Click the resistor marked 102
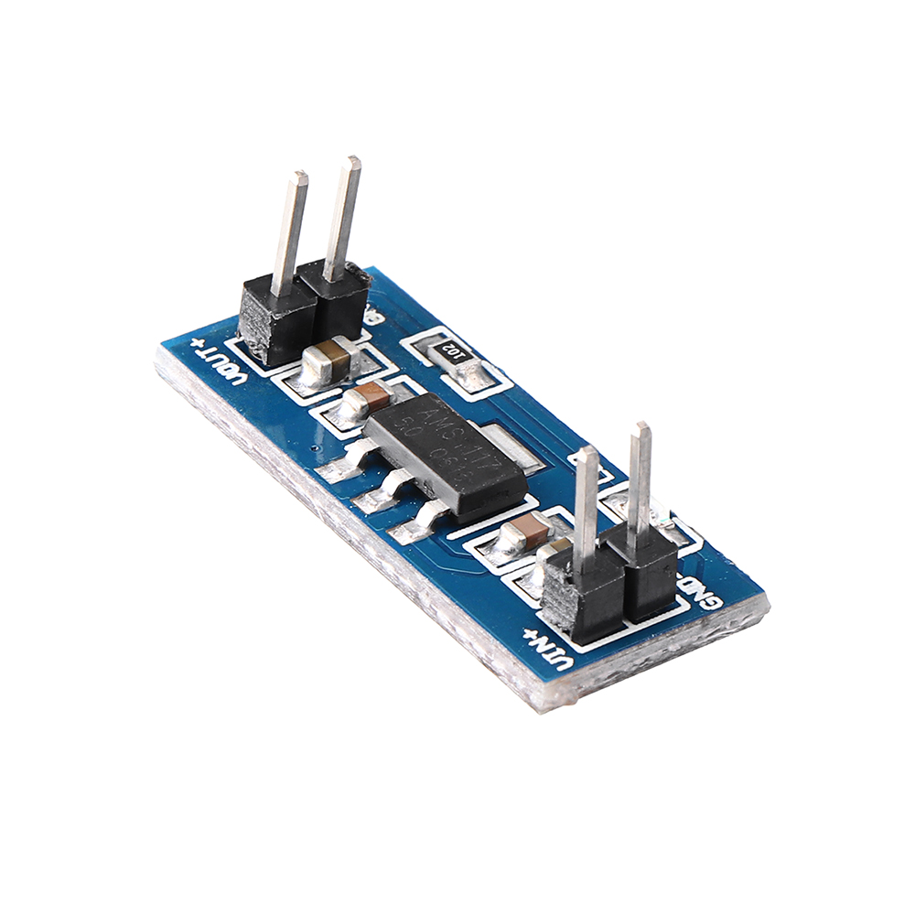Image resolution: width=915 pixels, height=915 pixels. point(455,351)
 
